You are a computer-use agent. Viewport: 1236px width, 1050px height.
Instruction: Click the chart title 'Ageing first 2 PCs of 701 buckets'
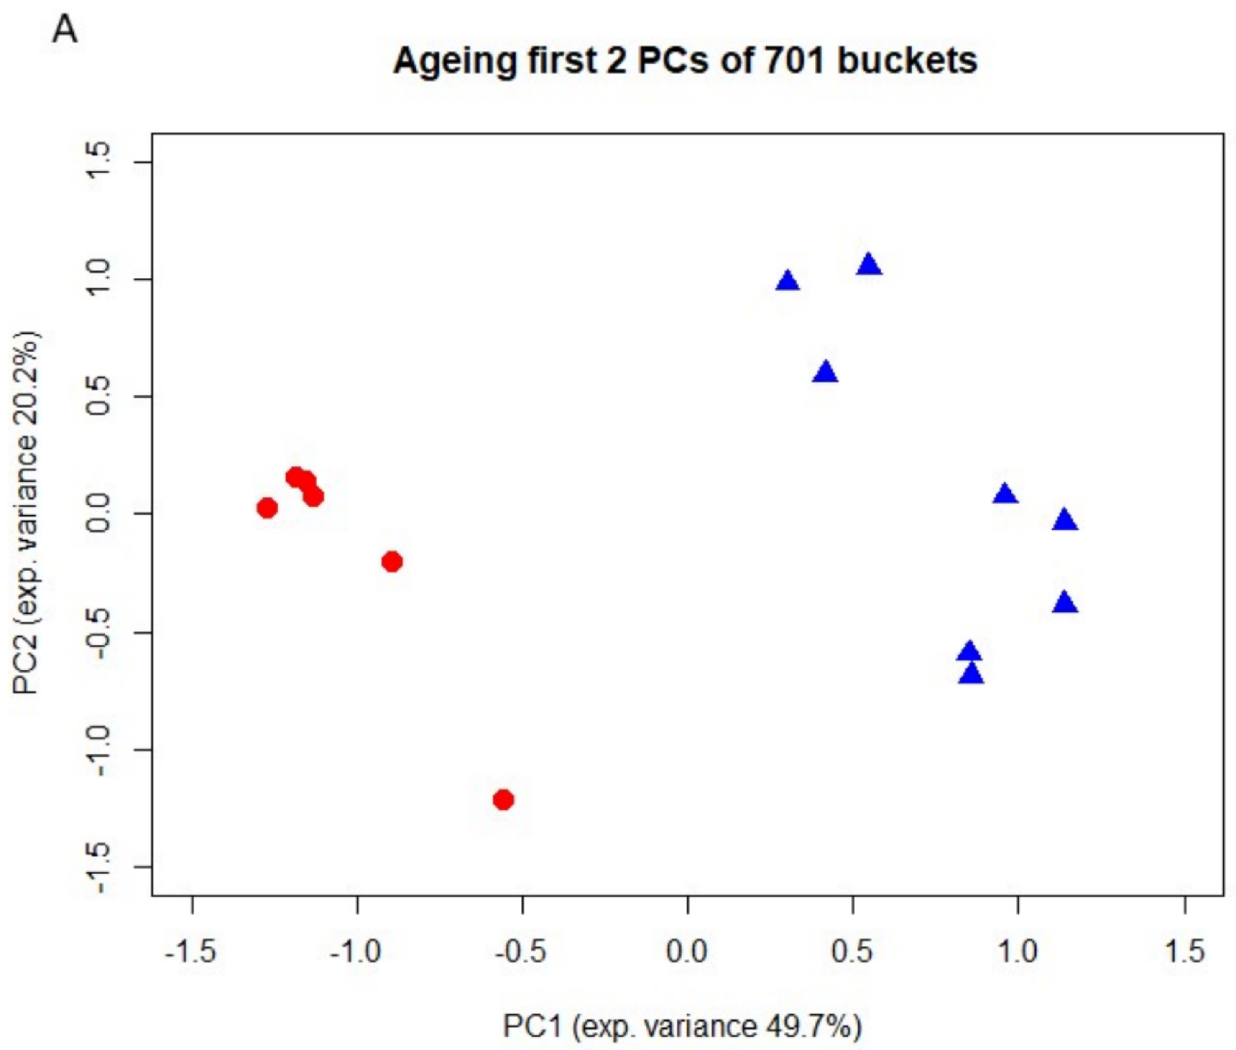tap(684, 61)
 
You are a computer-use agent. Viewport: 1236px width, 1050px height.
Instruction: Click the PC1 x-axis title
tap(682, 1025)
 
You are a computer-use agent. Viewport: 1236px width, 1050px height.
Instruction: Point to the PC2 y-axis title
tap(26, 513)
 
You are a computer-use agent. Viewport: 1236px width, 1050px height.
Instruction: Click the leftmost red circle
tap(267, 508)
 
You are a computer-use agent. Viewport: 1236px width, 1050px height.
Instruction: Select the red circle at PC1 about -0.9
tap(392, 561)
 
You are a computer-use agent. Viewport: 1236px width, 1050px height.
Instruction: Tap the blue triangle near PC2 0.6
tap(825, 372)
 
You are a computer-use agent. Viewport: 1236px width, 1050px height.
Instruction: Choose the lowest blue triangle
tap(971, 674)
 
